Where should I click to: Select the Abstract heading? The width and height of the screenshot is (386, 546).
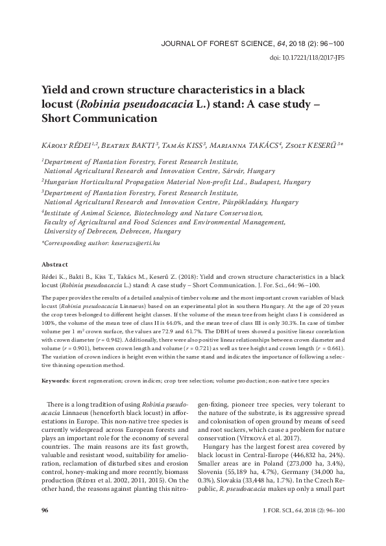click(54, 265)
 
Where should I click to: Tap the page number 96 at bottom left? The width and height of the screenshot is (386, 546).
click(45, 529)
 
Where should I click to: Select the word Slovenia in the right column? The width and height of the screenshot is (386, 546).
click(213, 473)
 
